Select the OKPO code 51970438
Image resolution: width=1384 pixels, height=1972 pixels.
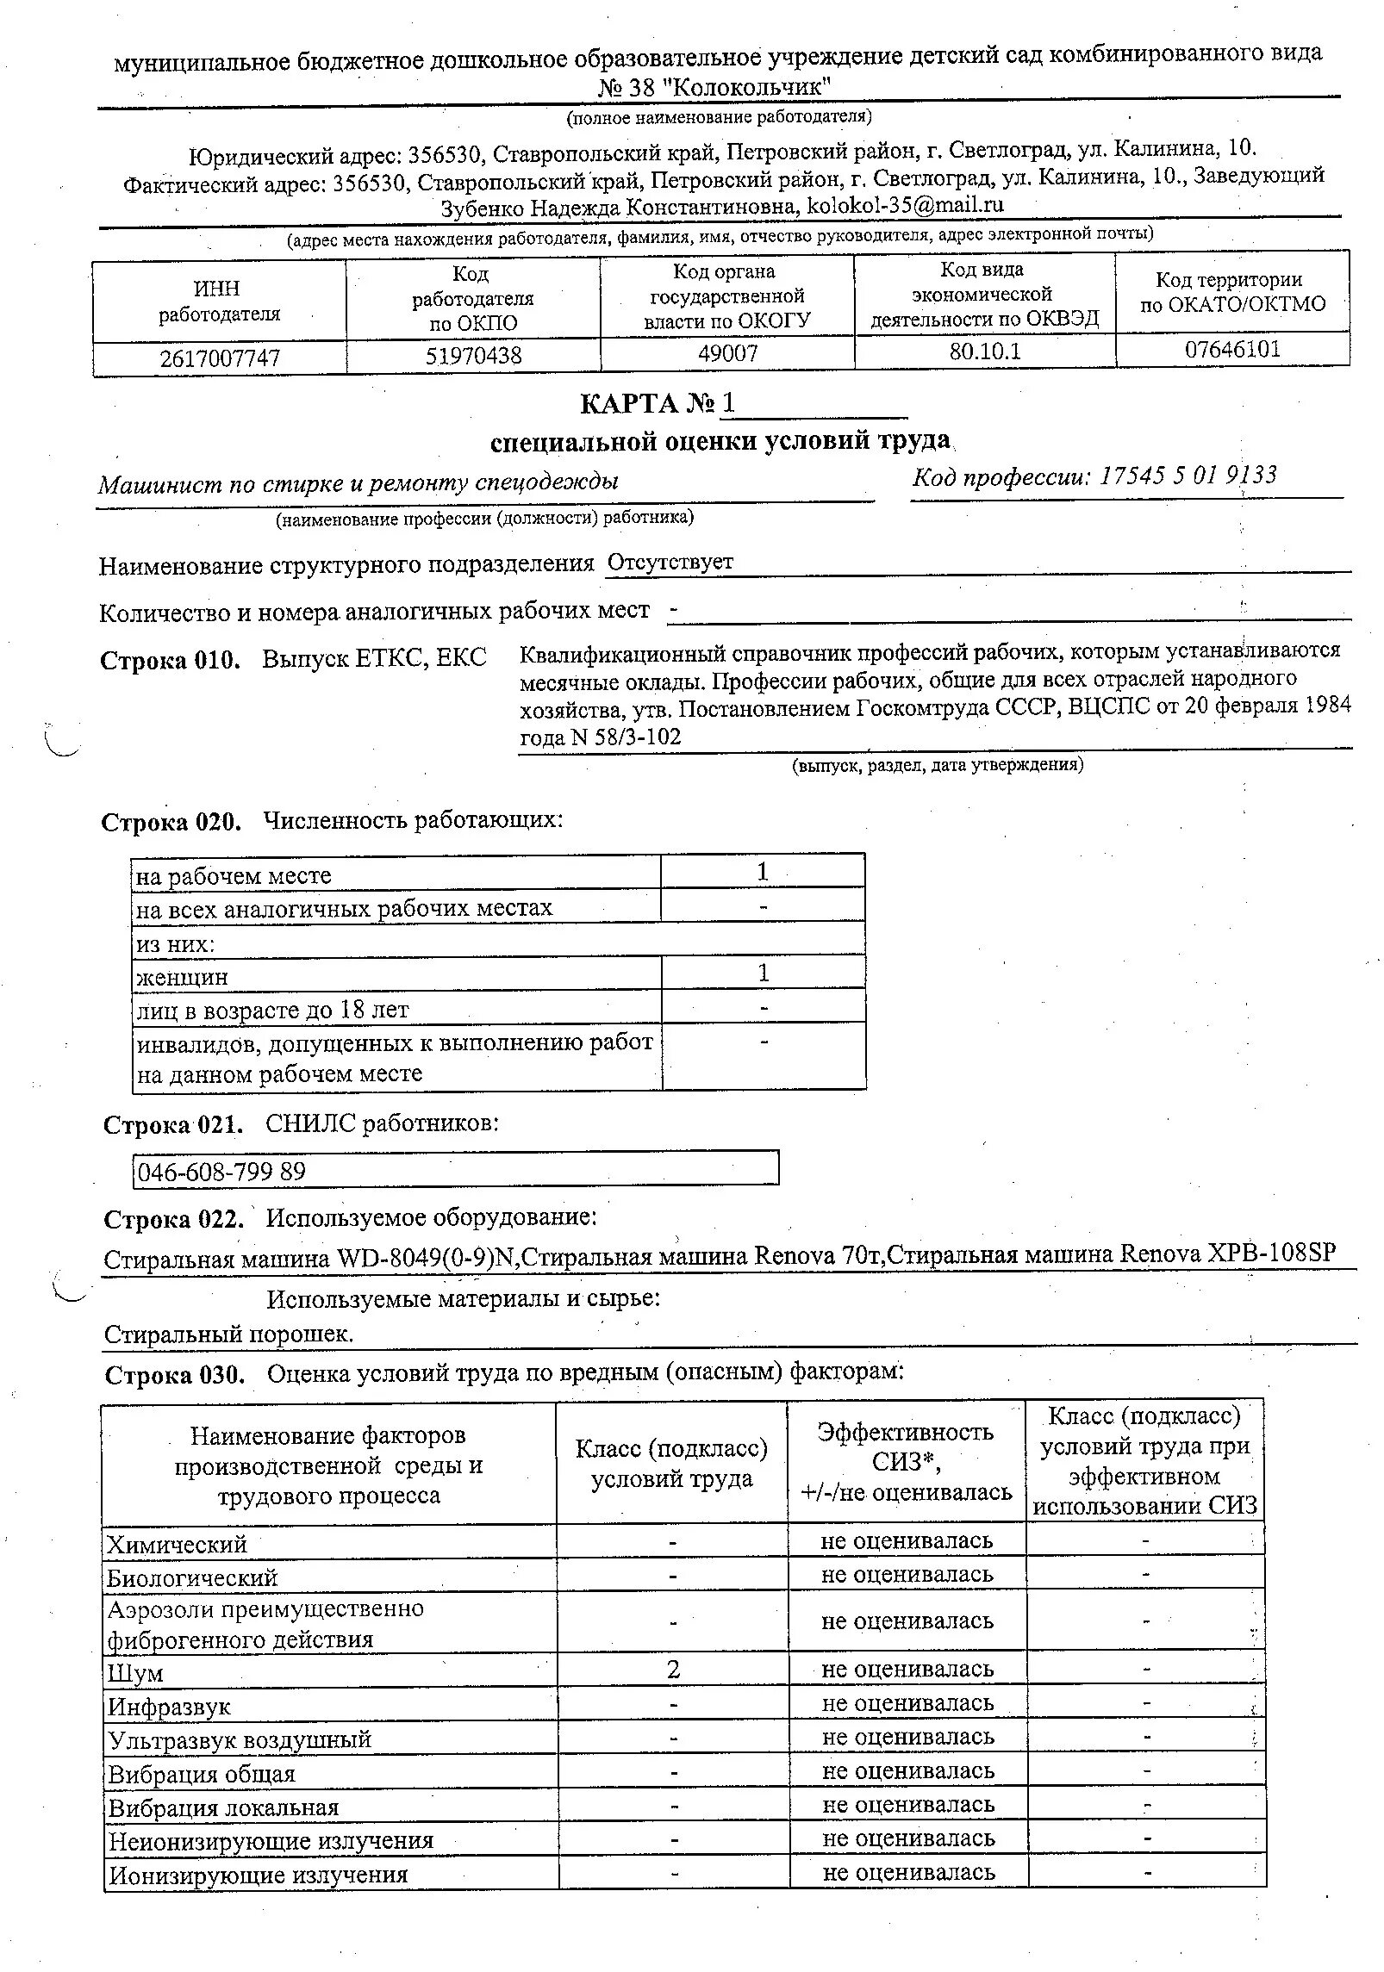click(x=473, y=356)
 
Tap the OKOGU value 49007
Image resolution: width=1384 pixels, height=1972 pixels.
click(x=727, y=354)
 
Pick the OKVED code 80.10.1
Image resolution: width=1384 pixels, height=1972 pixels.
click(x=984, y=351)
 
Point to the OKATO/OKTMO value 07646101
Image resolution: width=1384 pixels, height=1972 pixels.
click(x=1232, y=350)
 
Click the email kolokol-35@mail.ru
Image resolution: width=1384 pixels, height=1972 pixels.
click(x=905, y=205)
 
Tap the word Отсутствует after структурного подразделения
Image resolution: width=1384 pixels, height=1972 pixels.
click(x=670, y=562)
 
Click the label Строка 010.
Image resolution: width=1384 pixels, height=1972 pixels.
click(x=170, y=661)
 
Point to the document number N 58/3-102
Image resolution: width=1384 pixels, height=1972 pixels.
click(x=626, y=737)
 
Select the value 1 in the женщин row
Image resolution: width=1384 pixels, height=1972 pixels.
click(x=763, y=973)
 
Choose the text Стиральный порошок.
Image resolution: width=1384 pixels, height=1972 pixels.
click(x=228, y=1334)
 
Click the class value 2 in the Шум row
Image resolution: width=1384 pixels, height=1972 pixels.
click(x=672, y=1670)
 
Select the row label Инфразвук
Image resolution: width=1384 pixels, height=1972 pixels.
click(x=169, y=1707)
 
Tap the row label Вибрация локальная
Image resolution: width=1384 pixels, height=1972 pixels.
click(x=223, y=1807)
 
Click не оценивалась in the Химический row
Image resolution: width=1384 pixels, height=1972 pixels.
click(x=907, y=1541)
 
